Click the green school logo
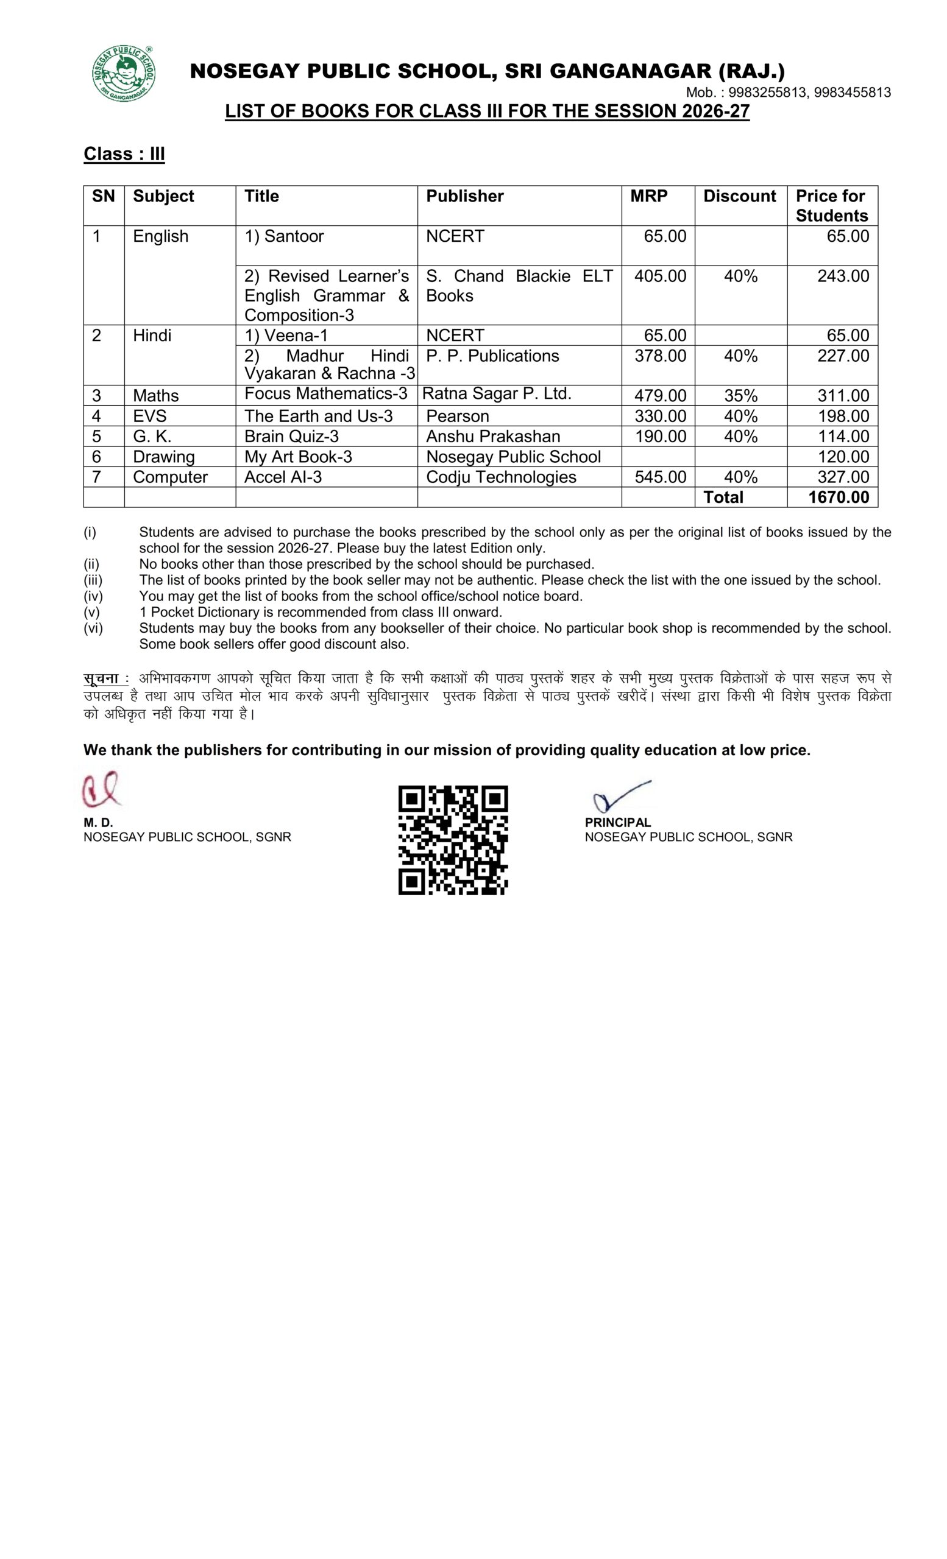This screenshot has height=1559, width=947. tap(124, 74)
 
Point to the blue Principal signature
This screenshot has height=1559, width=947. tap(620, 797)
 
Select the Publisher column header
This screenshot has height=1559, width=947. tap(464, 196)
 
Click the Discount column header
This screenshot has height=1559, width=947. tap(739, 196)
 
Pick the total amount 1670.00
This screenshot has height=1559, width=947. tap(838, 498)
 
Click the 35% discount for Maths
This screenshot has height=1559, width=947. tap(740, 396)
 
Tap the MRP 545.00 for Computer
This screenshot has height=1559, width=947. tap(659, 477)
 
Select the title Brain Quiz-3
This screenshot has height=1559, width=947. tap(291, 437)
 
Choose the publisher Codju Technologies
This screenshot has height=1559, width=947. tap(501, 477)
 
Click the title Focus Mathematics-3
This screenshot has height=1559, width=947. tap(325, 393)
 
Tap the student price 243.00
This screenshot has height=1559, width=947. tap(843, 276)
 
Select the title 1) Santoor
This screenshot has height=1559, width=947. tap(283, 236)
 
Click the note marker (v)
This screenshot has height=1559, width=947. tap(92, 612)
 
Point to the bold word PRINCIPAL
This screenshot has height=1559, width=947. tap(617, 823)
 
